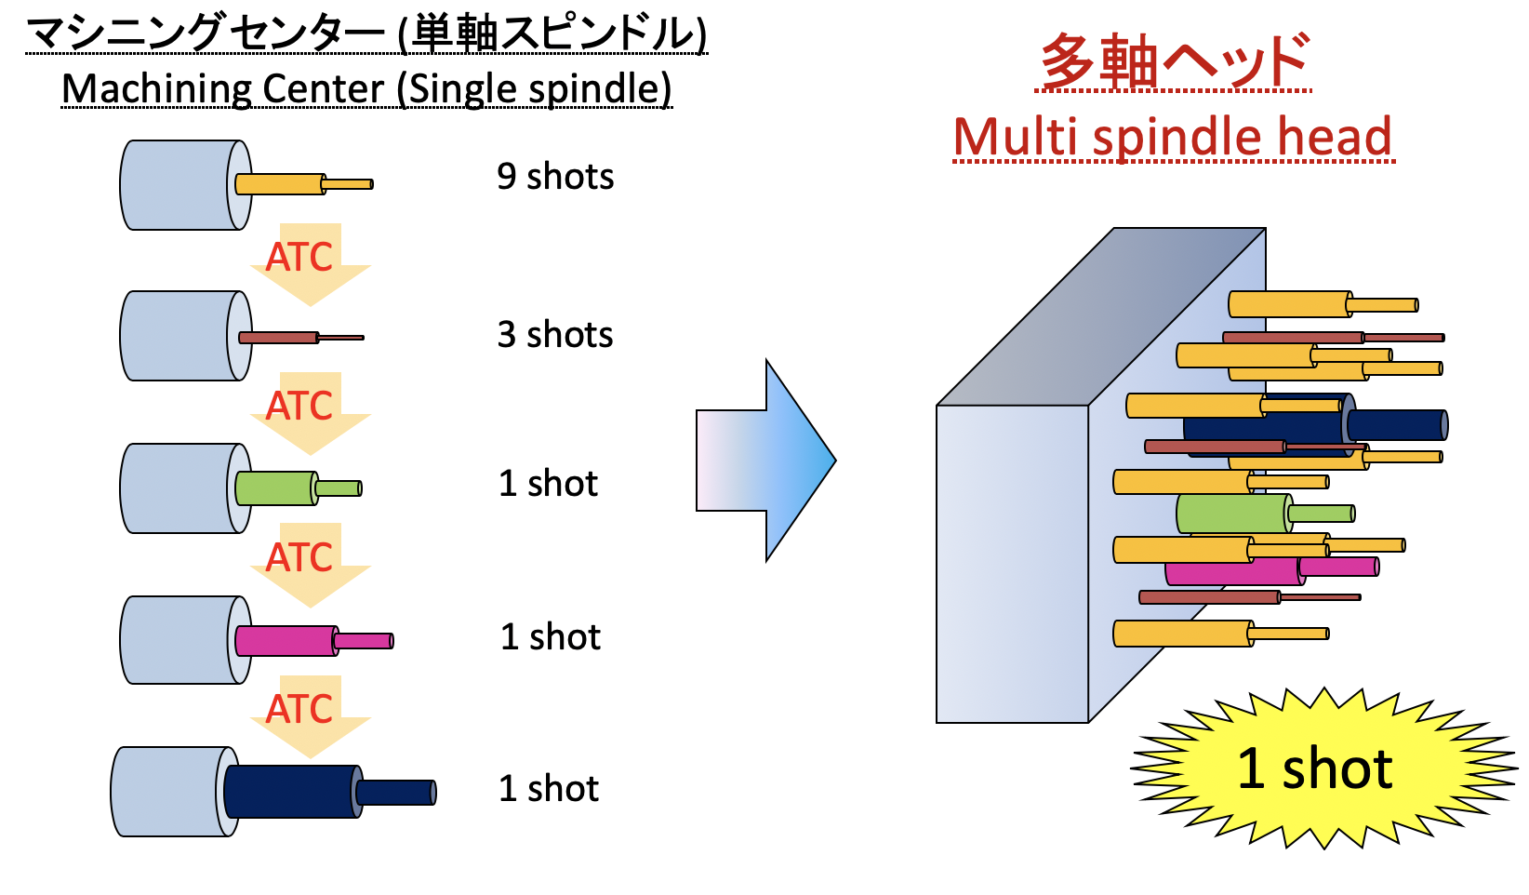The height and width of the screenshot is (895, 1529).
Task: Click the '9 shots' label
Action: [x=555, y=177]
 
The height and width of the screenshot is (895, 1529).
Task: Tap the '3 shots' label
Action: [x=555, y=335]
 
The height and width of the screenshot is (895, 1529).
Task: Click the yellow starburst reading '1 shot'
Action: [x=1315, y=769]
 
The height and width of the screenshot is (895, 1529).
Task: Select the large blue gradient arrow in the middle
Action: [x=766, y=461]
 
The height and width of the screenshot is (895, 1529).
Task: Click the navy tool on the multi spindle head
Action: [x=1395, y=425]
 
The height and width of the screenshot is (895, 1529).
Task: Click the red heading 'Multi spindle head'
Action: [x=1173, y=138]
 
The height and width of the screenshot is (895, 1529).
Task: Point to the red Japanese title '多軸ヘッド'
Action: [x=1175, y=61]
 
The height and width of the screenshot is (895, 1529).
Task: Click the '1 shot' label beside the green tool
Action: [x=549, y=484]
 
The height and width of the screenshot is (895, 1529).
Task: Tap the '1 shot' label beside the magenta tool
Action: [x=551, y=637]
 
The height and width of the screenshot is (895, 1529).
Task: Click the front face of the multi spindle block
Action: [x=1012, y=564]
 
